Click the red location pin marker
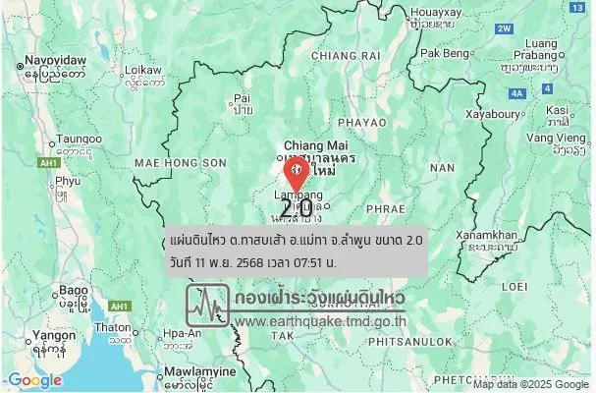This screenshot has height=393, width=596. pos(296,175)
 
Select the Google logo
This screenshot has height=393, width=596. pos(33,380)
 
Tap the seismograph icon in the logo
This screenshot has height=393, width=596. pos(207,306)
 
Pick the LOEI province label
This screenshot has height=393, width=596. pos(515,286)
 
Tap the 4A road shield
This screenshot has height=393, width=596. pos(516,93)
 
